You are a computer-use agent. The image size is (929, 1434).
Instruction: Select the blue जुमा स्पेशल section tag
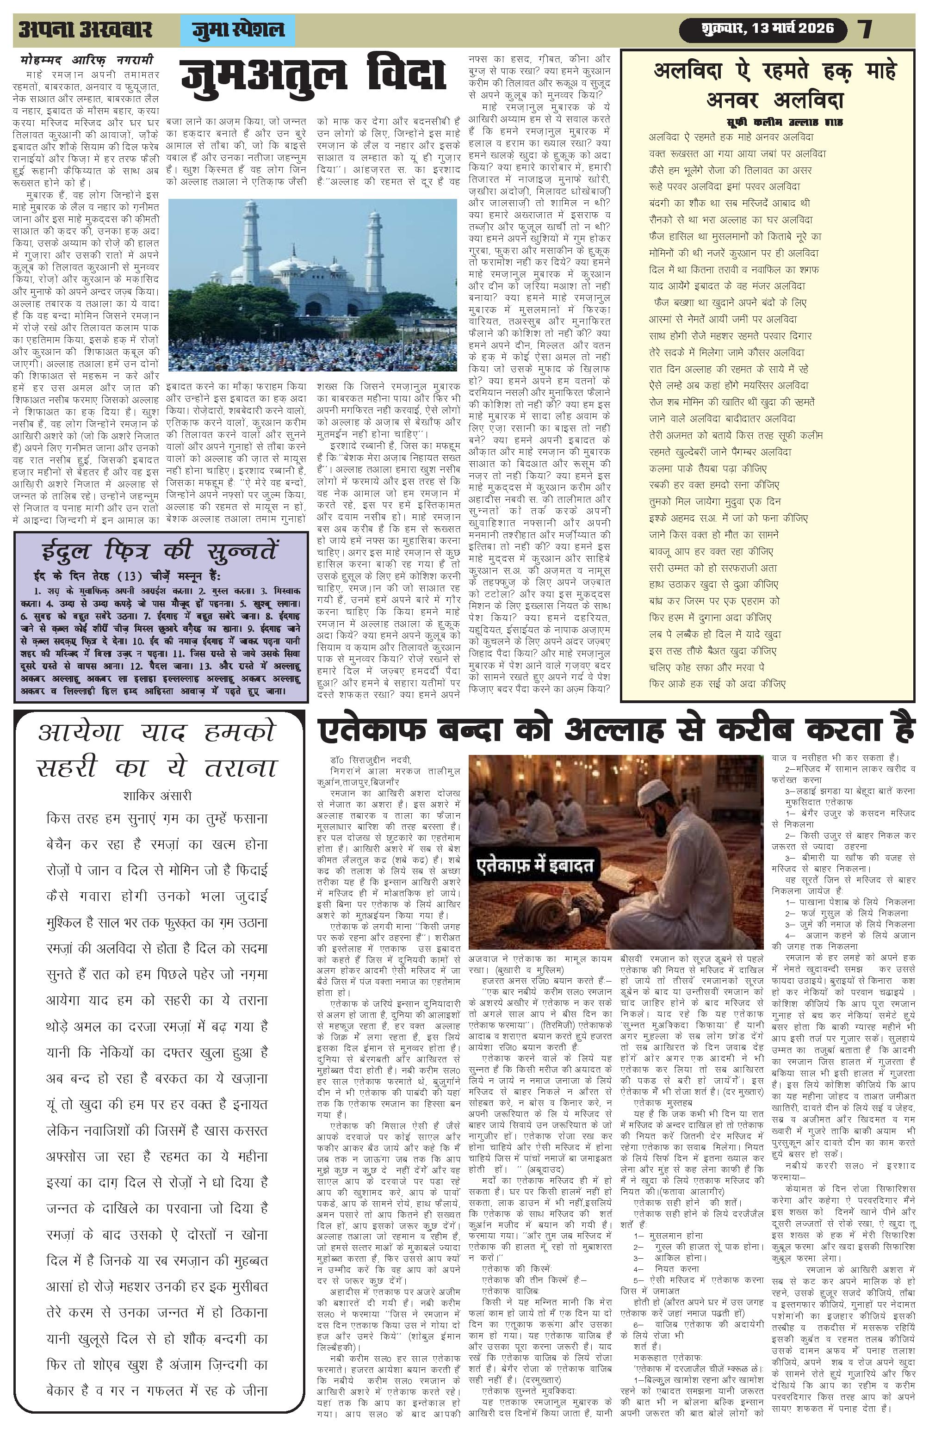237,30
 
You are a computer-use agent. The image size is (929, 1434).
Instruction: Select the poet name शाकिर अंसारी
157,795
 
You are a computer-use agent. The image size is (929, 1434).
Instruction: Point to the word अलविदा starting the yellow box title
687,71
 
